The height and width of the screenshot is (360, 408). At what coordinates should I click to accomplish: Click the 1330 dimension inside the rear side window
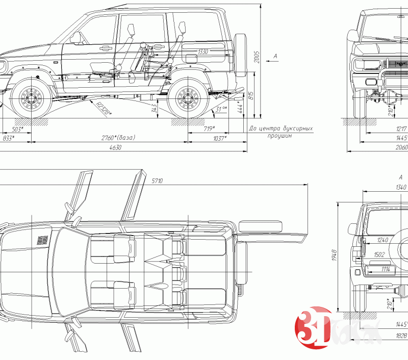coord(203,52)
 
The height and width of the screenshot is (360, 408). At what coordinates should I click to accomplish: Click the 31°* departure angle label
coord(221,109)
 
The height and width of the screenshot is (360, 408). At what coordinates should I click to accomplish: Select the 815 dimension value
coord(250,95)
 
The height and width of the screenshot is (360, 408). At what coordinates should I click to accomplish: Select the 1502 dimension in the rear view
coord(379,254)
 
